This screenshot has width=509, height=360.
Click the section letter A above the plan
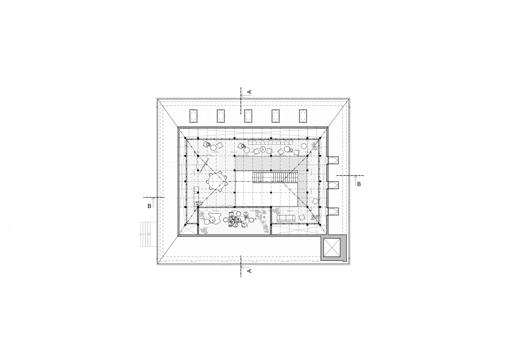[x=249, y=92]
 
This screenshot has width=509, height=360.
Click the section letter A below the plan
[x=249, y=270]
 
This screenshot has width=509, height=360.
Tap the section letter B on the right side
[x=359, y=184]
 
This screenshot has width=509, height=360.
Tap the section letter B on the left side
[x=149, y=206]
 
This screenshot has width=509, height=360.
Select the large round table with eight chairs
[x=216, y=181]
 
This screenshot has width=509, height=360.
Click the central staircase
[x=275, y=177]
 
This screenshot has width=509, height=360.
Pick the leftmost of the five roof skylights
[x=194, y=116]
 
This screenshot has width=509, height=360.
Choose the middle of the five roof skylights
[x=248, y=116]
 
